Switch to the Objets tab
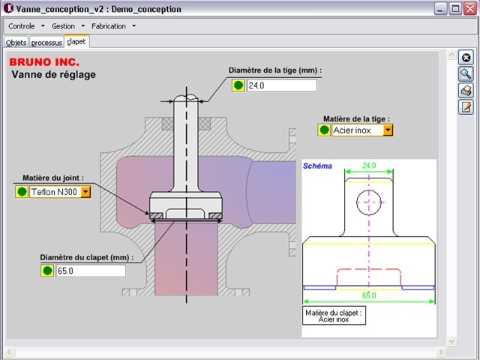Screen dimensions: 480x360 point(16,43)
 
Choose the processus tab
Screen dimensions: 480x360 point(46,43)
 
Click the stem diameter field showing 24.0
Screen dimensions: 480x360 point(282,85)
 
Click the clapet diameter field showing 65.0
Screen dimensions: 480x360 point(91,271)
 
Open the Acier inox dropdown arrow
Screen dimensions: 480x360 point(388,130)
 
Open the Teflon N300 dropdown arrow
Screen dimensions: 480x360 point(85,192)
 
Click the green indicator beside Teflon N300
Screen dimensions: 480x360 point(22,192)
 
